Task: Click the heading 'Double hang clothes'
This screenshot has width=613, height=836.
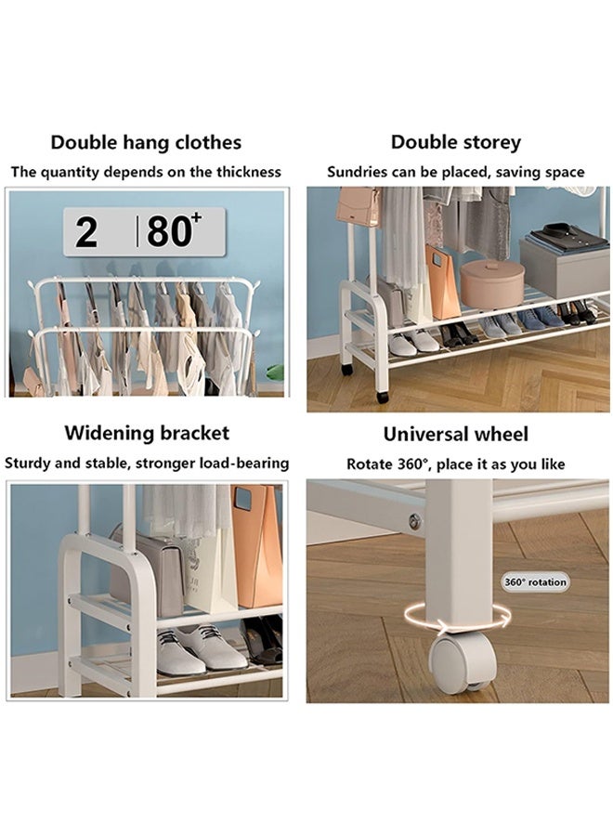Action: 146,142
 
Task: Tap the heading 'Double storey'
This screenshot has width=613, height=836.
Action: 455,142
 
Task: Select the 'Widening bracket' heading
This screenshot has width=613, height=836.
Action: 146,433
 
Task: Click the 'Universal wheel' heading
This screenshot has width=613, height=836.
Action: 455,434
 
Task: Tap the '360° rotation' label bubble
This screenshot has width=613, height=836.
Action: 535,582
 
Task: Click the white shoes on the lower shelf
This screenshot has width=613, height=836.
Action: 189,649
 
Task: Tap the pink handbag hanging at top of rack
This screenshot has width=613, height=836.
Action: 358,205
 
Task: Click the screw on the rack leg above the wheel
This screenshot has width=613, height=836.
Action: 414,521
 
